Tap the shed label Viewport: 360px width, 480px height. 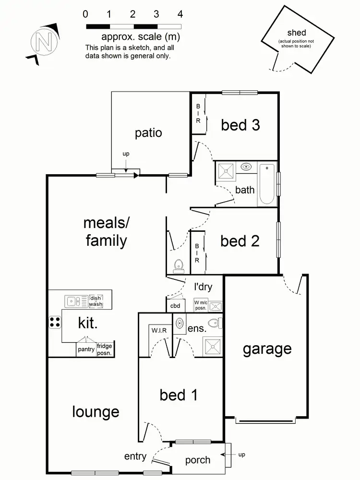296,33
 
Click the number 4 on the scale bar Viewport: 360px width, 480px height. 180,14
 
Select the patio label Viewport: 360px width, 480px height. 148,133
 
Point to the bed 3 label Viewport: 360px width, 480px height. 240,125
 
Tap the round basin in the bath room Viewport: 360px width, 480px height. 246,167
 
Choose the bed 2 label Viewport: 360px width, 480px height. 240,240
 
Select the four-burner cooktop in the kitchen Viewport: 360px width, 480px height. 55,322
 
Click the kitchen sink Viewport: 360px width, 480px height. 73,301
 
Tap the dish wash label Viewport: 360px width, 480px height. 96,301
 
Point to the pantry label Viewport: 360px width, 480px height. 86,349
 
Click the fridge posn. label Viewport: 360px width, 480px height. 104,349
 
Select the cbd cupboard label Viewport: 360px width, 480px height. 175,306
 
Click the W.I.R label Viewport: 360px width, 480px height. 159,330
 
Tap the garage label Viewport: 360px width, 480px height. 267,349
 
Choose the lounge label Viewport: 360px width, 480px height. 96,411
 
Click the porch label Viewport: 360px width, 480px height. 198,460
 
